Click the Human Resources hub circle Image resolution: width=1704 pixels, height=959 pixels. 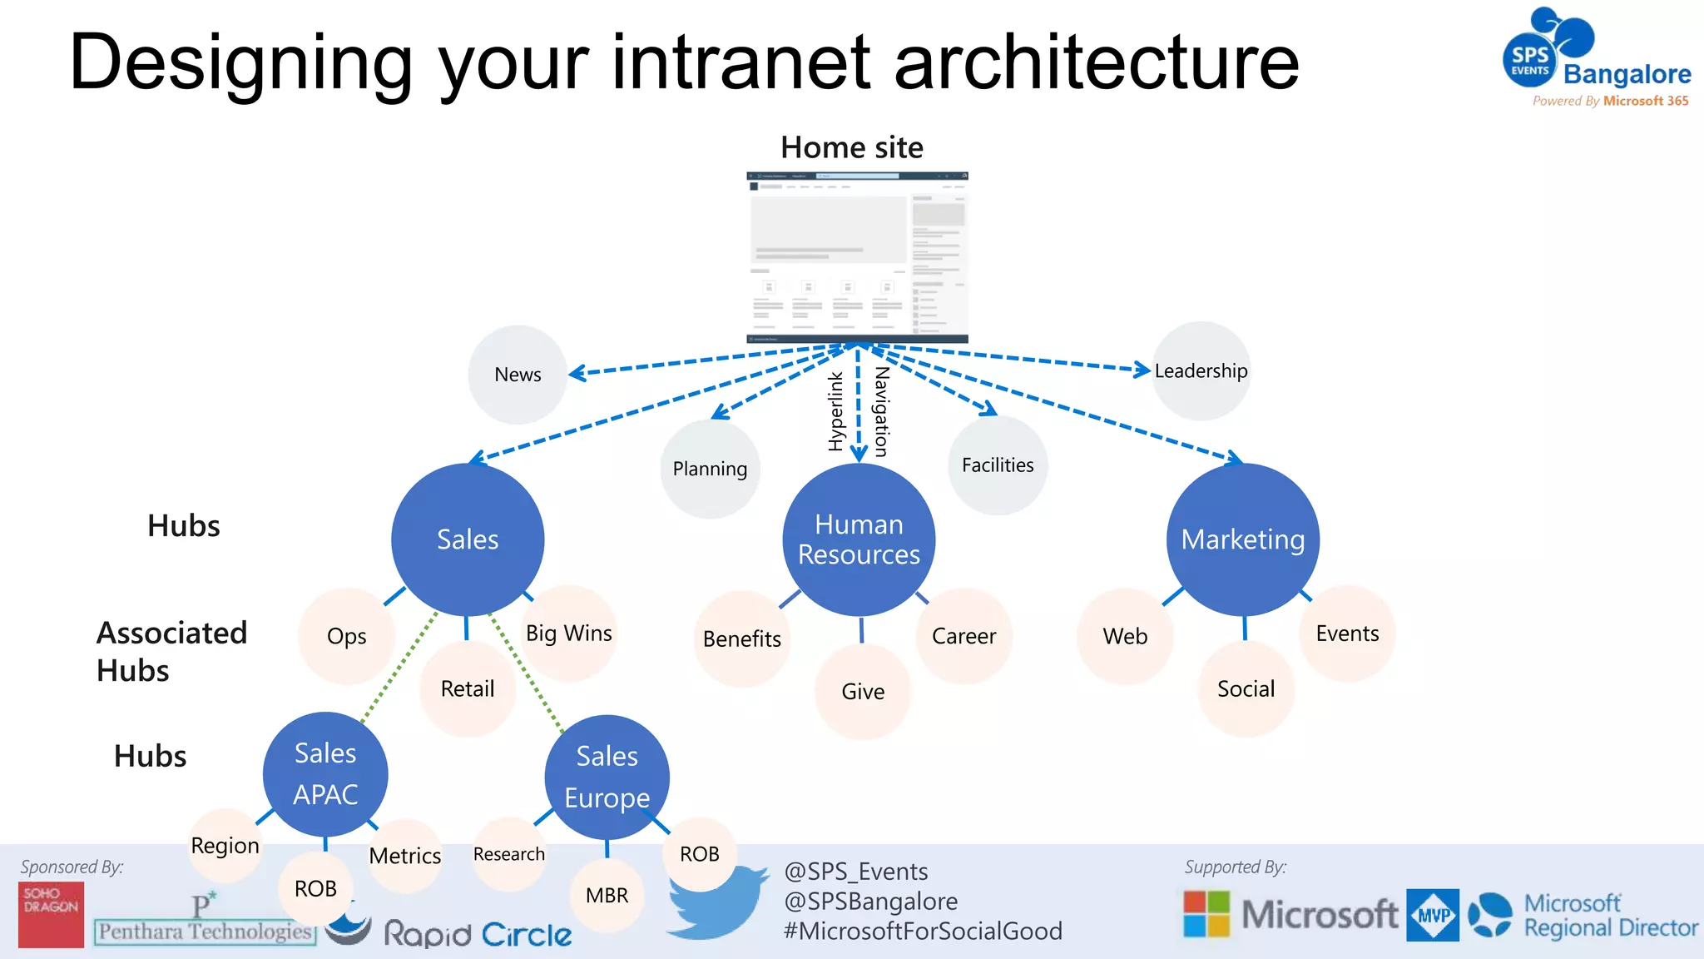coord(859,539)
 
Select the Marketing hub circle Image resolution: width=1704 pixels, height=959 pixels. coord(1243,539)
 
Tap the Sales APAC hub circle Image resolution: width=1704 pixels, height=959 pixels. coord(325,774)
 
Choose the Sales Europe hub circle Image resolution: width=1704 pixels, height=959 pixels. coord(607,777)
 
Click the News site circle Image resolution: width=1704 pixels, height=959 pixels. coord(518,375)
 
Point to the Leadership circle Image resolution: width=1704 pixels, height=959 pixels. coord(1201,371)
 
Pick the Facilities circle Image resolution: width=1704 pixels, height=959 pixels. coord(998,465)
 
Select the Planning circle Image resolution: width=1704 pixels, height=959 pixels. coord(710,469)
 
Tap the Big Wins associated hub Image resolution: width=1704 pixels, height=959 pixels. coord(569,634)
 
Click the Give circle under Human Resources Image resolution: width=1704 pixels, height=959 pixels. coord(863,692)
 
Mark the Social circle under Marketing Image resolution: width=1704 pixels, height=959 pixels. coord(1246,689)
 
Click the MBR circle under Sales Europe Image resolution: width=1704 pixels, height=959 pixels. coord(607,896)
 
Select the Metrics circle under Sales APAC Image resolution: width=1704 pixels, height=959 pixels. coord(405,856)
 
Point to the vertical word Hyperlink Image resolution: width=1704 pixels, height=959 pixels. coord(836,412)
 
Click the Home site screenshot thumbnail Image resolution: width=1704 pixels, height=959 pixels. coord(857,257)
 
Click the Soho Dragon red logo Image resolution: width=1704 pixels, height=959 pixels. coord(51,914)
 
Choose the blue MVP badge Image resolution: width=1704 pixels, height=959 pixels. coord(1433,915)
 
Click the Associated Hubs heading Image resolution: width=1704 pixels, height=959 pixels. coord(171,652)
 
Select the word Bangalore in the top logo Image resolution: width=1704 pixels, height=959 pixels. coord(1627,74)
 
